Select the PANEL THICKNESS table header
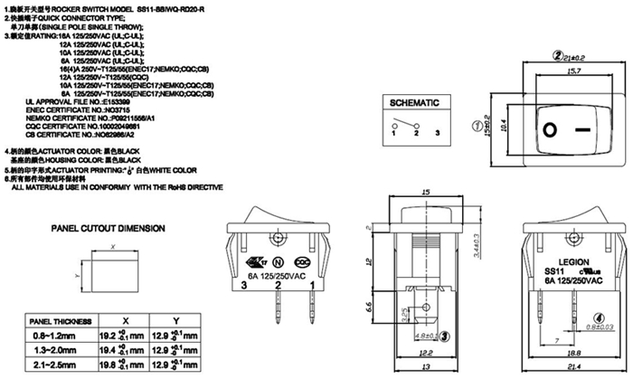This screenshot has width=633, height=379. (x=61, y=321)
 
